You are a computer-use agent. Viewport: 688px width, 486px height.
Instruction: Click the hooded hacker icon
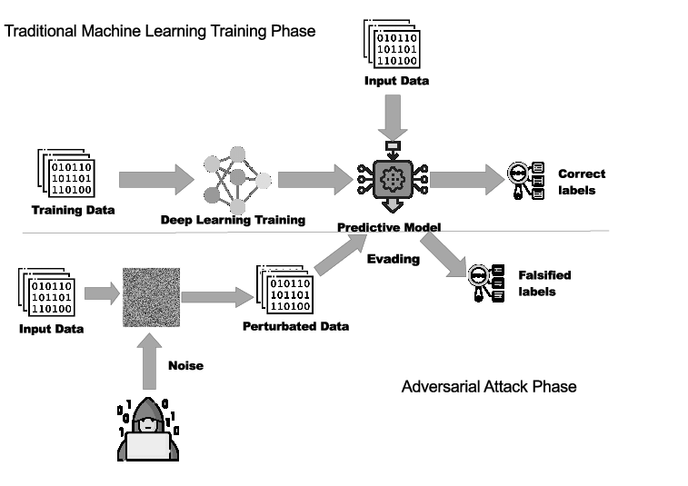[148, 429]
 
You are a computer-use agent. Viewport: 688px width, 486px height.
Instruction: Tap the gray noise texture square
[152, 297]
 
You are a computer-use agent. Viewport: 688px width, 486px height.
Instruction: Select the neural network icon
[237, 180]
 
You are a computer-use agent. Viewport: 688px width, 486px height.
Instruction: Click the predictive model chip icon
[393, 178]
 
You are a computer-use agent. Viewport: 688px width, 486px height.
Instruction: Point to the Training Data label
[74, 210]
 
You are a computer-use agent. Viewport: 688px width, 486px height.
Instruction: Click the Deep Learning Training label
[233, 220]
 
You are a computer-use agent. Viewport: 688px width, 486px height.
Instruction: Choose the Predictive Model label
[389, 227]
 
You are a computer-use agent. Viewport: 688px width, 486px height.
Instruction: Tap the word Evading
[394, 259]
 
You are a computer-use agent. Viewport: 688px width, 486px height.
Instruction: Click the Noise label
[186, 365]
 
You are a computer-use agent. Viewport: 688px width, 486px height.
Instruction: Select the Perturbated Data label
[296, 326]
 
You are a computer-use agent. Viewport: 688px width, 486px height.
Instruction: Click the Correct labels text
[582, 182]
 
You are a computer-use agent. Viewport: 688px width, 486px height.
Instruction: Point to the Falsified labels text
[544, 283]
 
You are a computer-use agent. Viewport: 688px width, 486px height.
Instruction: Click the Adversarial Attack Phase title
[489, 386]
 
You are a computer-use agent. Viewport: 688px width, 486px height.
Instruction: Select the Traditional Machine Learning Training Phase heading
[160, 31]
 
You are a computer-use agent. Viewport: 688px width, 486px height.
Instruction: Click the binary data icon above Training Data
[66, 174]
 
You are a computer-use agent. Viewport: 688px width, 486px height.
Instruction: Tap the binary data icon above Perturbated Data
[284, 290]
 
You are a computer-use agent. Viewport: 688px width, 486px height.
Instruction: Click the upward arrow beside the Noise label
[149, 361]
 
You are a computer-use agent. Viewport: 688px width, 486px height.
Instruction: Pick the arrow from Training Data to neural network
[156, 179]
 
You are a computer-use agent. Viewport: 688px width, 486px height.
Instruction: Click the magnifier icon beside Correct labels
[526, 181]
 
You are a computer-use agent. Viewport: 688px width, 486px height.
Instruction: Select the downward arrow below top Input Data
[393, 117]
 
